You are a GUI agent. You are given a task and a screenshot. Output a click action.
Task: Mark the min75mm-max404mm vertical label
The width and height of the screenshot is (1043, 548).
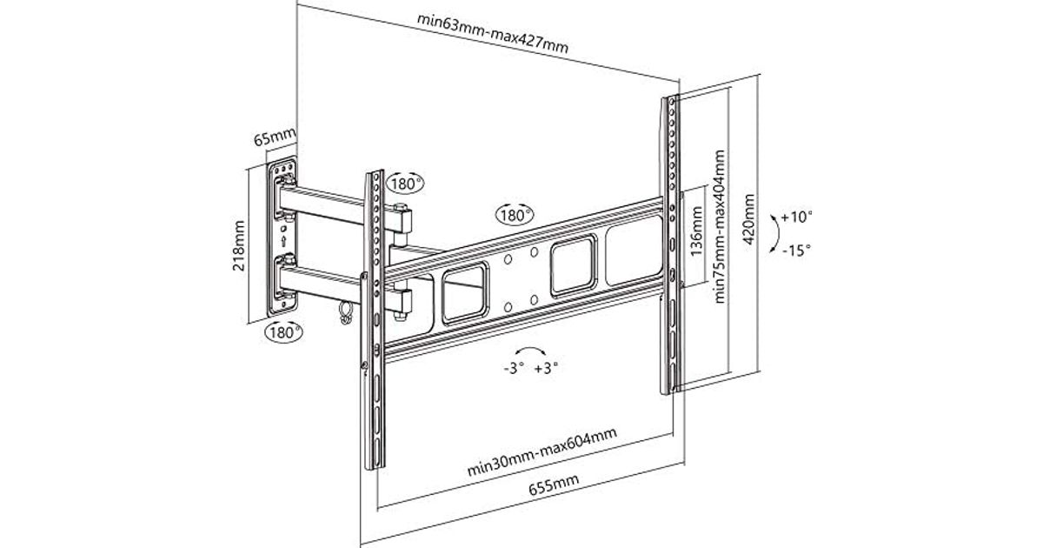(x=719, y=226)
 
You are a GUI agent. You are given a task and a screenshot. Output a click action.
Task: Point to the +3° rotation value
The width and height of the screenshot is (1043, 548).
(x=546, y=368)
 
